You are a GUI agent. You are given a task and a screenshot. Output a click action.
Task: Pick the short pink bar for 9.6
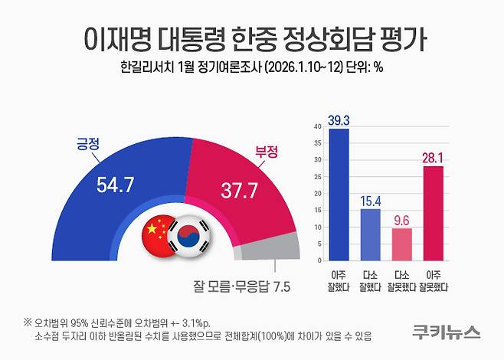point(402,244)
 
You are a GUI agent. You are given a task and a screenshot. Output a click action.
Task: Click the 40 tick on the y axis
point(318,127)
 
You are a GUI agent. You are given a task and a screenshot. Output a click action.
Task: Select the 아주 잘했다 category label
point(339,280)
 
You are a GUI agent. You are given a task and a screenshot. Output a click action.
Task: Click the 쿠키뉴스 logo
point(445,332)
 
